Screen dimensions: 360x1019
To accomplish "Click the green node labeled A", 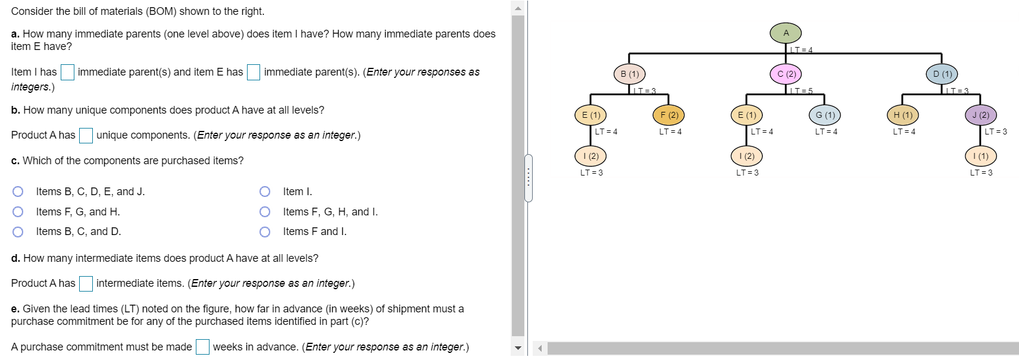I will pyautogui.click(x=786, y=33).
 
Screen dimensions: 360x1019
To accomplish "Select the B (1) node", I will pyautogui.click(x=630, y=74).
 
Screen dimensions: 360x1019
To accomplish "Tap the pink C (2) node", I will pyautogui.click(x=786, y=74).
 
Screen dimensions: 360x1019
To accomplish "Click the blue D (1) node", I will pyautogui.click(x=942, y=74).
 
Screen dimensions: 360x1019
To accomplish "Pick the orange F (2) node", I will pyautogui.click(x=669, y=115).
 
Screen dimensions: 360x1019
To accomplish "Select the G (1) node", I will pyautogui.click(x=825, y=115).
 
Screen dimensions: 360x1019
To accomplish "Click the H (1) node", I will pyautogui.click(x=902, y=115).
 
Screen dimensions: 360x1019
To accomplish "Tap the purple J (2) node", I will pyautogui.click(x=980, y=115).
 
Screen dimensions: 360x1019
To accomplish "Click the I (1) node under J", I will pyautogui.click(x=980, y=156).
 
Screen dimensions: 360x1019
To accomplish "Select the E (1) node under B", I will pyautogui.click(x=590, y=115).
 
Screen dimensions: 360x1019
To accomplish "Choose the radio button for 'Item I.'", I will pyautogui.click(x=265, y=192).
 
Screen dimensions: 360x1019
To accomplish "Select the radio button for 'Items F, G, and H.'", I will pyautogui.click(x=18, y=212).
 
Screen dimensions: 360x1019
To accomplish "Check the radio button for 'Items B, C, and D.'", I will pyautogui.click(x=18, y=231).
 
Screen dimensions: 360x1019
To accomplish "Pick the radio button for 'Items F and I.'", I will pyautogui.click(x=265, y=231).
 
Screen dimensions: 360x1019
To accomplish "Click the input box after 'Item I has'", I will pyautogui.click(x=67, y=72).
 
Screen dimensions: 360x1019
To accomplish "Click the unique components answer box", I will pyautogui.click(x=86, y=136).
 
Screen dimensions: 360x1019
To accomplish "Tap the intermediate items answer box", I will pyautogui.click(x=86, y=284).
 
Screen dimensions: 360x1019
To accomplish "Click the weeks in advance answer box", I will pyautogui.click(x=202, y=347).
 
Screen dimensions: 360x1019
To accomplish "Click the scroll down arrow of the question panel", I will pyautogui.click(x=518, y=348).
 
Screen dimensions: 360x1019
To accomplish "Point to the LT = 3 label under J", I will pyautogui.click(x=996, y=132).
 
